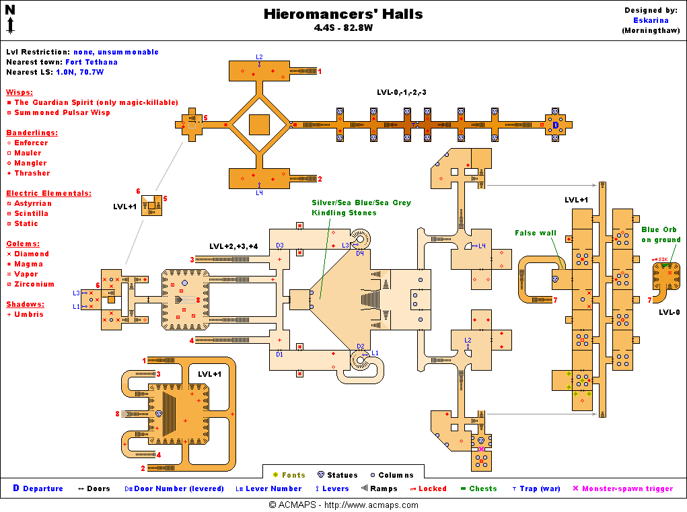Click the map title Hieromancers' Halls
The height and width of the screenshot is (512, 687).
343,14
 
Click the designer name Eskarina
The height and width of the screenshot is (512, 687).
650,20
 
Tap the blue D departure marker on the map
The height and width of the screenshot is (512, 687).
556,124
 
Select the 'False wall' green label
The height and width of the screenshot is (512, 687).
536,233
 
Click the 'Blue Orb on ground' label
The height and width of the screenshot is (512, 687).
661,234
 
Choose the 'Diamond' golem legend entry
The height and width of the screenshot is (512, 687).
32,254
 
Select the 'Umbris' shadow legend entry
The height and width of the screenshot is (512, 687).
29,314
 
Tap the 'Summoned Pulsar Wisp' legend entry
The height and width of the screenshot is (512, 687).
63,112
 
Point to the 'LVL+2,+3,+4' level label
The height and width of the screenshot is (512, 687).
233,246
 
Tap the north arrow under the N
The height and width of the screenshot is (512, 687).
11,26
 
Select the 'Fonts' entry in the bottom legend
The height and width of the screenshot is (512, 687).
293,475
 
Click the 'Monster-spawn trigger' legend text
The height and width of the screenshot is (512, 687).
627,488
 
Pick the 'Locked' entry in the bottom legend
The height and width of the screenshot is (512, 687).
432,488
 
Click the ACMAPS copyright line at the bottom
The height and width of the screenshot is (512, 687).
343,505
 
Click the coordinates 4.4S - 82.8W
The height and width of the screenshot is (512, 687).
343,28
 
